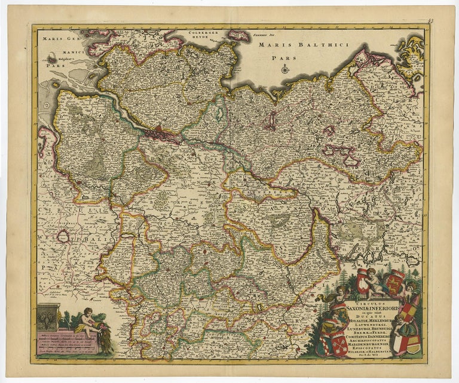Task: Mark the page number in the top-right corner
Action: [430, 22]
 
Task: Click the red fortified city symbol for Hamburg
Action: [159, 128]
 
